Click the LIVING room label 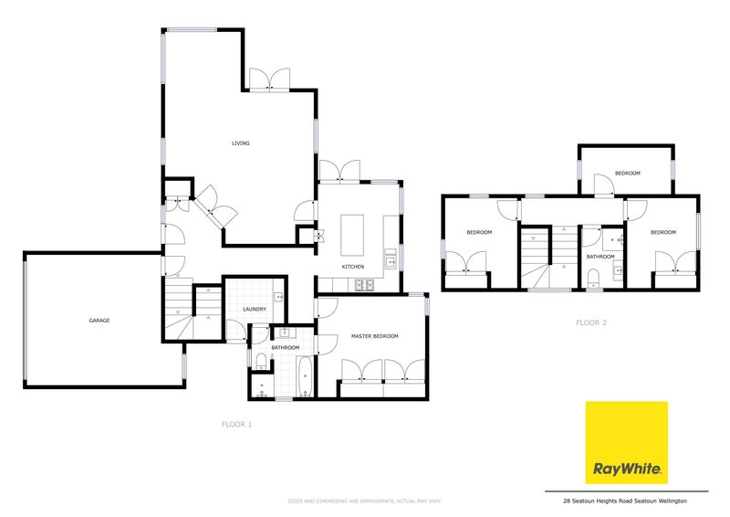pos(240,143)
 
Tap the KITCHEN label pos(353,266)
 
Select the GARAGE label pos(99,321)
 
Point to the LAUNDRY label pos(255,309)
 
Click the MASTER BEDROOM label pos(374,337)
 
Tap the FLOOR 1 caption pos(236,425)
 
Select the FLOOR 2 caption pos(591,322)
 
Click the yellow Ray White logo pos(626,444)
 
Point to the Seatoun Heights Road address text pos(625,501)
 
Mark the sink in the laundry pos(279,296)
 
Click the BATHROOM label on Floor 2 pos(599,257)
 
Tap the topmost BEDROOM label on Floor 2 pos(627,173)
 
